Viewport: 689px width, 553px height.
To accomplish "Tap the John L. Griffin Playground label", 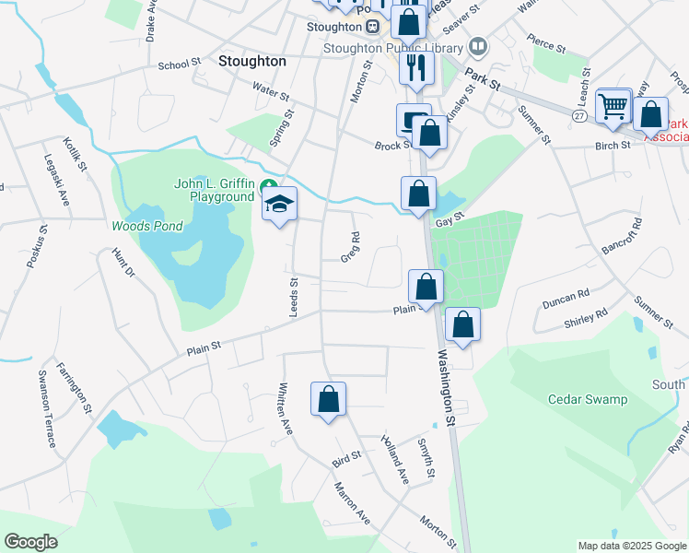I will (x=214, y=190).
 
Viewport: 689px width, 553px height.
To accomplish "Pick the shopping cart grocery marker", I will (x=613, y=106).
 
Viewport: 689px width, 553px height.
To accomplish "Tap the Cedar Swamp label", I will (x=587, y=399).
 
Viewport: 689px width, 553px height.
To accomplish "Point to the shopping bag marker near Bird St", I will (x=328, y=399).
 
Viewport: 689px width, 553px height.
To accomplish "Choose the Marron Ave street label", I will (x=352, y=503).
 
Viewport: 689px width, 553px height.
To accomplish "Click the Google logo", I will (x=31, y=542).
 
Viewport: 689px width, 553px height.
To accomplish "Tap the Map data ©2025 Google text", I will (x=631, y=546).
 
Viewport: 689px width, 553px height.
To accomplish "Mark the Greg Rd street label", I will (x=350, y=246).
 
